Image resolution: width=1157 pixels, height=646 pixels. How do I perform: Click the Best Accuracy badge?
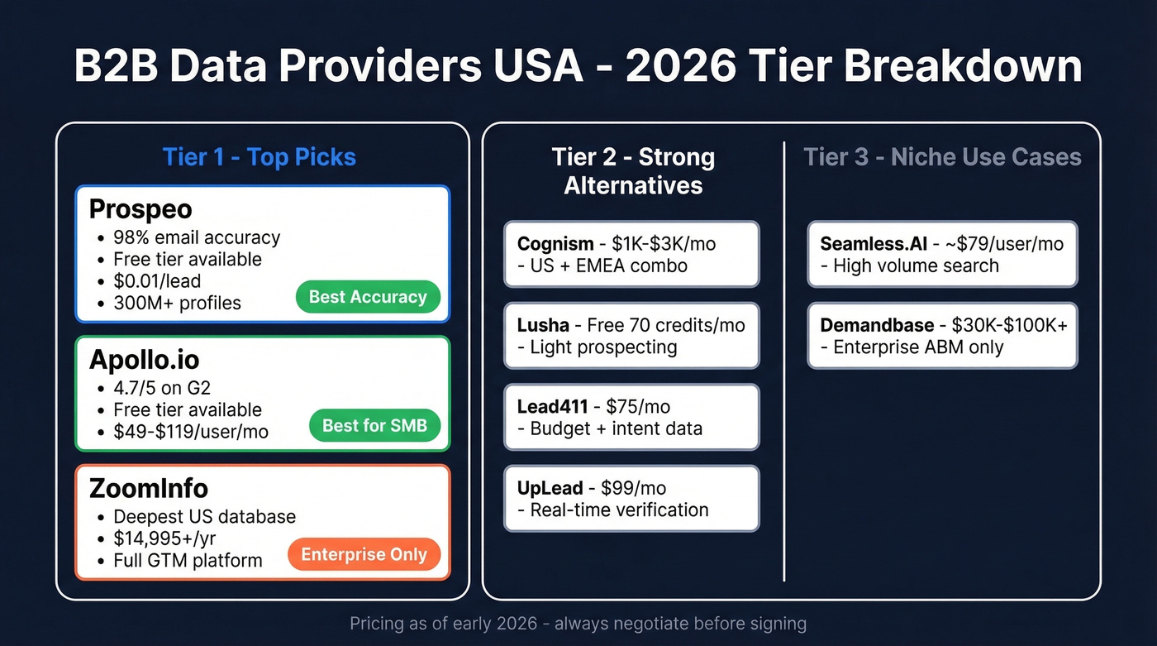point(368,297)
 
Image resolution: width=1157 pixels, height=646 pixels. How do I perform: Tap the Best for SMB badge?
point(374,426)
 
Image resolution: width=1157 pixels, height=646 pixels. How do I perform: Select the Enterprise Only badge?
point(364,555)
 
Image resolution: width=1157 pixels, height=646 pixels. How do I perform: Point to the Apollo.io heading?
point(144,360)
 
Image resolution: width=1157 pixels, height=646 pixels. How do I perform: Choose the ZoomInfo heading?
point(149,488)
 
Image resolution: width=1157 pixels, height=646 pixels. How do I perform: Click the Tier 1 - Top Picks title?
point(259,157)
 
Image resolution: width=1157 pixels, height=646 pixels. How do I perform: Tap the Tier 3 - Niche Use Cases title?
point(942,157)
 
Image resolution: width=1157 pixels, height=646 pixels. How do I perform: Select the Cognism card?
point(631,254)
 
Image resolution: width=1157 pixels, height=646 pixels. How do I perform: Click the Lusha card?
point(631,336)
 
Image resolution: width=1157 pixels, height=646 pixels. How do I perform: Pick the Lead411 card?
point(631,417)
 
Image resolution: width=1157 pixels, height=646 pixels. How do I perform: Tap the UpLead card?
point(631,498)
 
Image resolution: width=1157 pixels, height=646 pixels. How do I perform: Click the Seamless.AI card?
point(942,254)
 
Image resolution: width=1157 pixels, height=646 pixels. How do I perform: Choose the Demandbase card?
point(942,336)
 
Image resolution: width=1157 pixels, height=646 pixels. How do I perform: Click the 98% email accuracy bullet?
point(197,237)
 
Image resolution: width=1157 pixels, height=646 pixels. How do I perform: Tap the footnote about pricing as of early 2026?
point(578,623)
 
